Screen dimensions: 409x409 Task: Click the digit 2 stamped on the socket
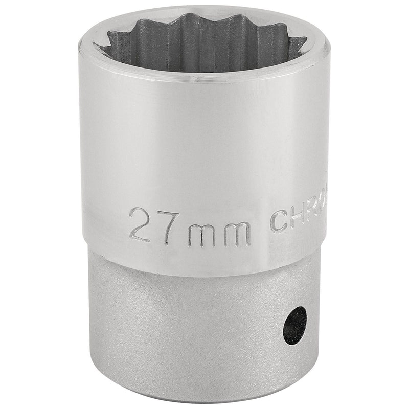click(x=141, y=224)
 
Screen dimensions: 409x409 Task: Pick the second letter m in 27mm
click(x=236, y=231)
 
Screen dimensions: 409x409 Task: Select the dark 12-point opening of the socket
click(x=204, y=43)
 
